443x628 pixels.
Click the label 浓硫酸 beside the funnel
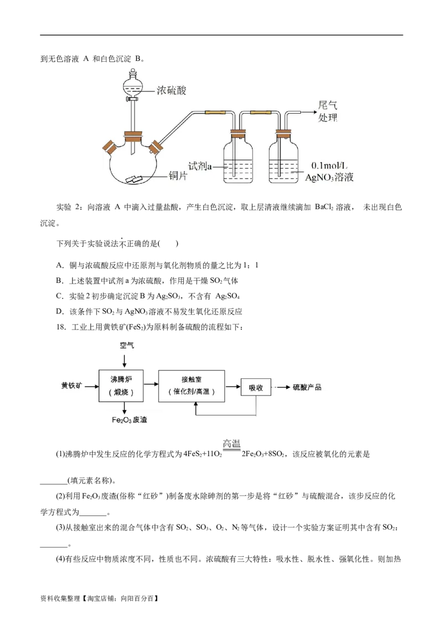point(171,90)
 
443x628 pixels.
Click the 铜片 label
point(178,175)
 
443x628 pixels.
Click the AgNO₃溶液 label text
point(329,178)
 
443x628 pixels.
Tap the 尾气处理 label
point(327,112)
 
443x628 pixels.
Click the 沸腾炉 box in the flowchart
point(121,386)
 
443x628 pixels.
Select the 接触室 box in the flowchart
point(192,386)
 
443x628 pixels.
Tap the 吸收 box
point(256,387)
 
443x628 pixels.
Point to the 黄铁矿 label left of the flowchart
point(71,386)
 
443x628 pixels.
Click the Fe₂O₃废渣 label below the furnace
point(129,420)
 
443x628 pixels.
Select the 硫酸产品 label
point(307,387)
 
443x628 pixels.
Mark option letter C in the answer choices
point(60,296)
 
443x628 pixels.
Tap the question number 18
point(61,327)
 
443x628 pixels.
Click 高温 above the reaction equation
point(231,443)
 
